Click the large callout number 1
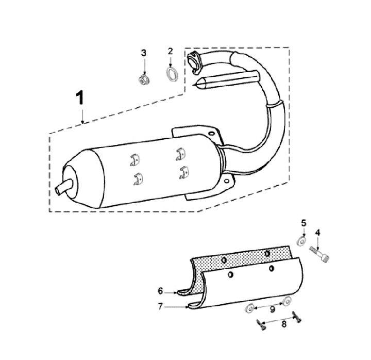[80, 98]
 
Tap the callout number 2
[171, 51]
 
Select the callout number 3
[144, 53]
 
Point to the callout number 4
[317, 233]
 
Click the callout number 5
[303, 223]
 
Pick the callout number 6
[160, 291]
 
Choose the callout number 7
[160, 307]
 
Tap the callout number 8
[284, 324]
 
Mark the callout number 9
[273, 309]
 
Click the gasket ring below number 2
[172, 74]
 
